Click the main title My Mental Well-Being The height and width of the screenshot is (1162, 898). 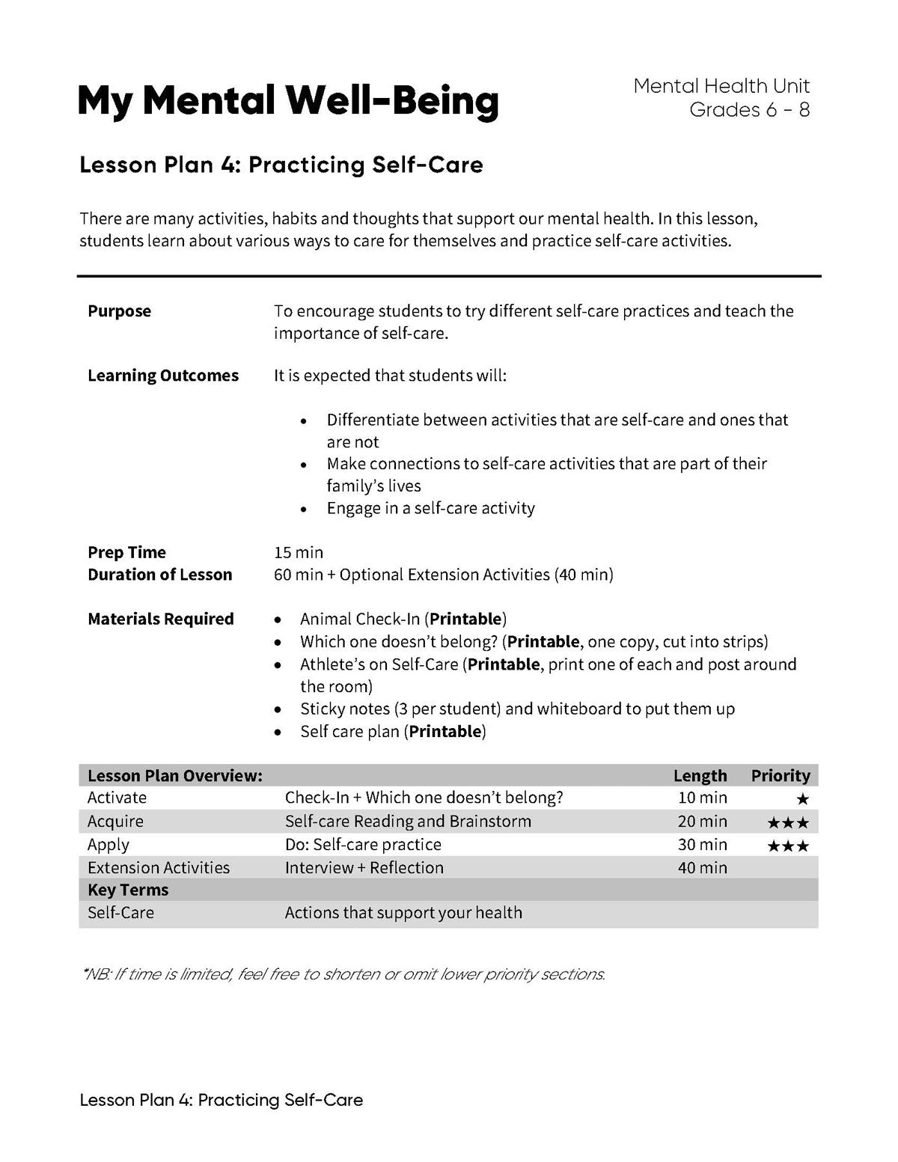[287, 101]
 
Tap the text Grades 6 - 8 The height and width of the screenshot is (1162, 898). [749, 110]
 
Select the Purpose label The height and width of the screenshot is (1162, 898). [119, 311]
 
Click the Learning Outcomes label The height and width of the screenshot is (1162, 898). [162, 376]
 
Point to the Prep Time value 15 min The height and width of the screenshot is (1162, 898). [299, 552]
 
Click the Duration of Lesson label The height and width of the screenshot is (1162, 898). [159, 575]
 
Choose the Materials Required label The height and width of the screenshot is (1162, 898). [160, 619]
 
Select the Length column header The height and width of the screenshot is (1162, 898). [700, 775]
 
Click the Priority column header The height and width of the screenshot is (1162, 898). [781, 775]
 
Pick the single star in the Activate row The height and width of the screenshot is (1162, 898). [803, 799]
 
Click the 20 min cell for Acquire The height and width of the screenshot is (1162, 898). [702, 822]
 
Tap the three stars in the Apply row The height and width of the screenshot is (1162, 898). [788, 845]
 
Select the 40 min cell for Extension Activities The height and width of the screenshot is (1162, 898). [702, 868]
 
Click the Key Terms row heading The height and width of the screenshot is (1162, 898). [128, 890]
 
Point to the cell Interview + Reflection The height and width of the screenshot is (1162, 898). [364, 868]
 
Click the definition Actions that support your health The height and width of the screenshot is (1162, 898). [403, 913]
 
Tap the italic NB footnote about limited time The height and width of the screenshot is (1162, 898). [343, 974]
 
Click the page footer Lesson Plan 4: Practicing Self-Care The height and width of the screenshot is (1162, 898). [221, 1100]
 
